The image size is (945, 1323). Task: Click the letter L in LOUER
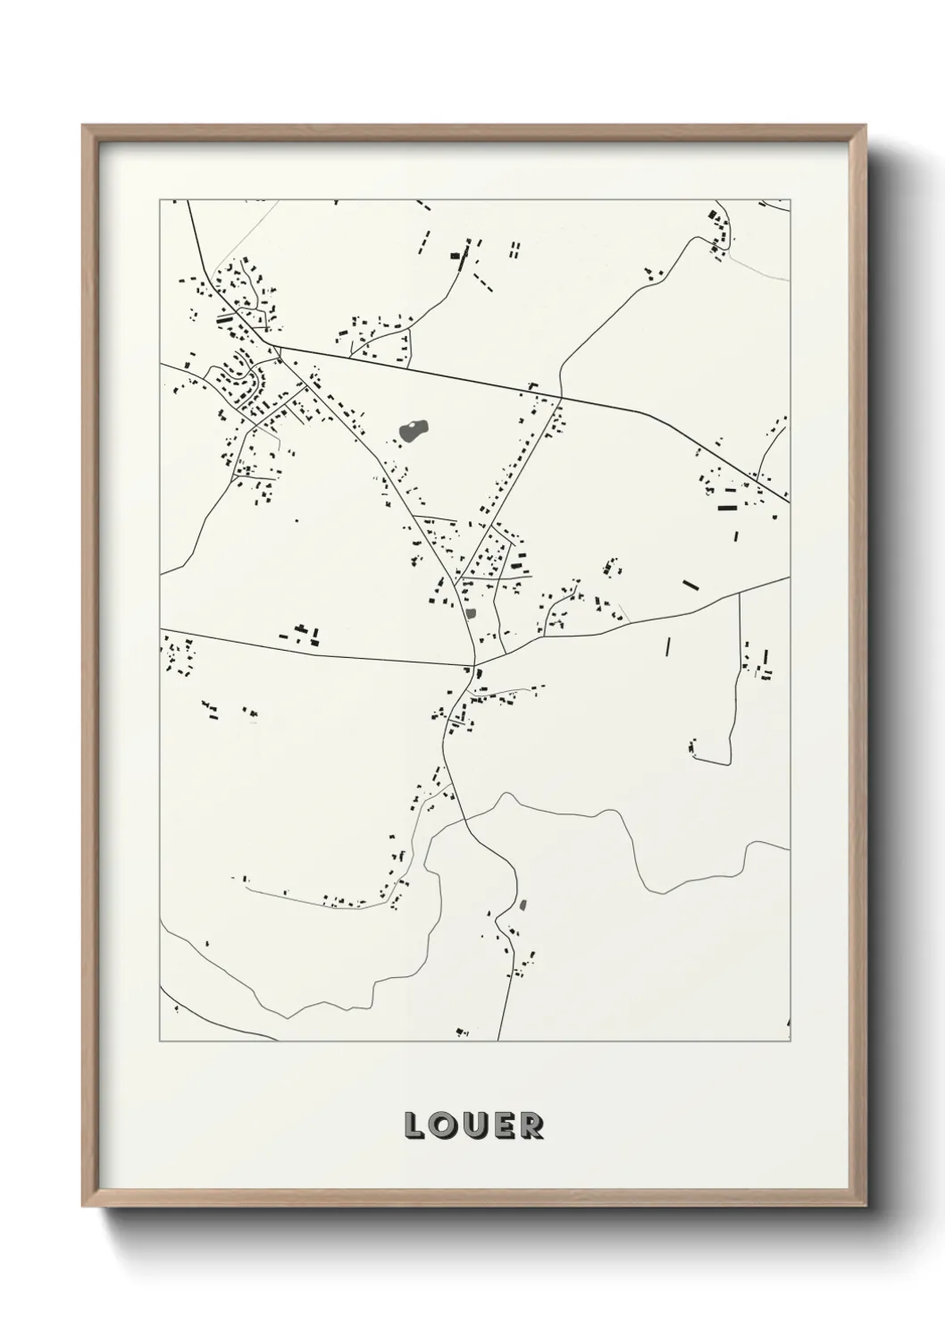tap(415, 1125)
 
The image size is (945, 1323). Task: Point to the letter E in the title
tap(503, 1125)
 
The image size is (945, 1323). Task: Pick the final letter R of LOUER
tap(531, 1125)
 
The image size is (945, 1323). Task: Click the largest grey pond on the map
tap(413, 432)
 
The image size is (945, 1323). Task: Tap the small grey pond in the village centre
tap(471, 613)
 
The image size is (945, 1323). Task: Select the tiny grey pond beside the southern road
tap(523, 906)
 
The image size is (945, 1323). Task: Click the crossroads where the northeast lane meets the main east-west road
tap(561, 398)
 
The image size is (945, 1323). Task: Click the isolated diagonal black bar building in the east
tap(690, 586)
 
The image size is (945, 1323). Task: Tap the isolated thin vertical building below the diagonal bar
tap(667, 646)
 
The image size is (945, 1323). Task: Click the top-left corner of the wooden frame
tap(84, 126)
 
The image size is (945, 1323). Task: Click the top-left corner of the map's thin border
tap(160, 199)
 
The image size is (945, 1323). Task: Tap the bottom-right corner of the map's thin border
tap(790, 1041)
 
